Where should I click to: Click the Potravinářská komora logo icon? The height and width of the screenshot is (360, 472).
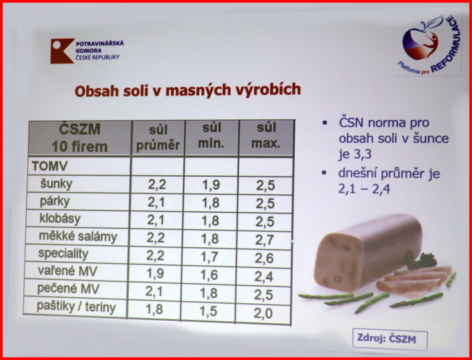click(62, 51)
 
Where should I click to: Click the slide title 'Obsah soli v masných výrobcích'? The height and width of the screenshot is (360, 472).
click(188, 90)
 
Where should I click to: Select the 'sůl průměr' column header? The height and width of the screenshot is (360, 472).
click(158, 138)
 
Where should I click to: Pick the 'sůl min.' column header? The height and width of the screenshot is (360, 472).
click(211, 136)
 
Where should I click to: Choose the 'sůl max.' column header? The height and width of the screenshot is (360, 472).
click(266, 136)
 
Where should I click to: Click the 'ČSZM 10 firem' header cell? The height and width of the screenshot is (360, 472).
click(80, 138)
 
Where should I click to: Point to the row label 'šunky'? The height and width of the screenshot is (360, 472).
click(57, 184)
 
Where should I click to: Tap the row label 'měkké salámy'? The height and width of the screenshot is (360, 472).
click(78, 237)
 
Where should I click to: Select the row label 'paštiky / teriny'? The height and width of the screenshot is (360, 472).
click(76, 307)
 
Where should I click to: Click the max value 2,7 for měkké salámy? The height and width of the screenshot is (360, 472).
click(265, 240)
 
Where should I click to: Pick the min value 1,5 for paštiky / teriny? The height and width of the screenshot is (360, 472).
click(208, 311)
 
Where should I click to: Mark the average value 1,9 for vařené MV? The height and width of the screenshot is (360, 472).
click(155, 273)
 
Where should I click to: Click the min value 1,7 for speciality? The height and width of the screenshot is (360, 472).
click(209, 257)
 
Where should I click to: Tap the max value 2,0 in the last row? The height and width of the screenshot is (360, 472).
click(263, 313)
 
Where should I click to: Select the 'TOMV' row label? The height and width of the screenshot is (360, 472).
click(50, 166)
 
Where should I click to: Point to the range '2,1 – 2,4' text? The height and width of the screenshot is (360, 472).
click(364, 189)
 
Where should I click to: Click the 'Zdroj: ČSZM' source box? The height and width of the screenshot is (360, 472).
click(390, 339)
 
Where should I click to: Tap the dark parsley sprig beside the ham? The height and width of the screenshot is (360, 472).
click(422, 261)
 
